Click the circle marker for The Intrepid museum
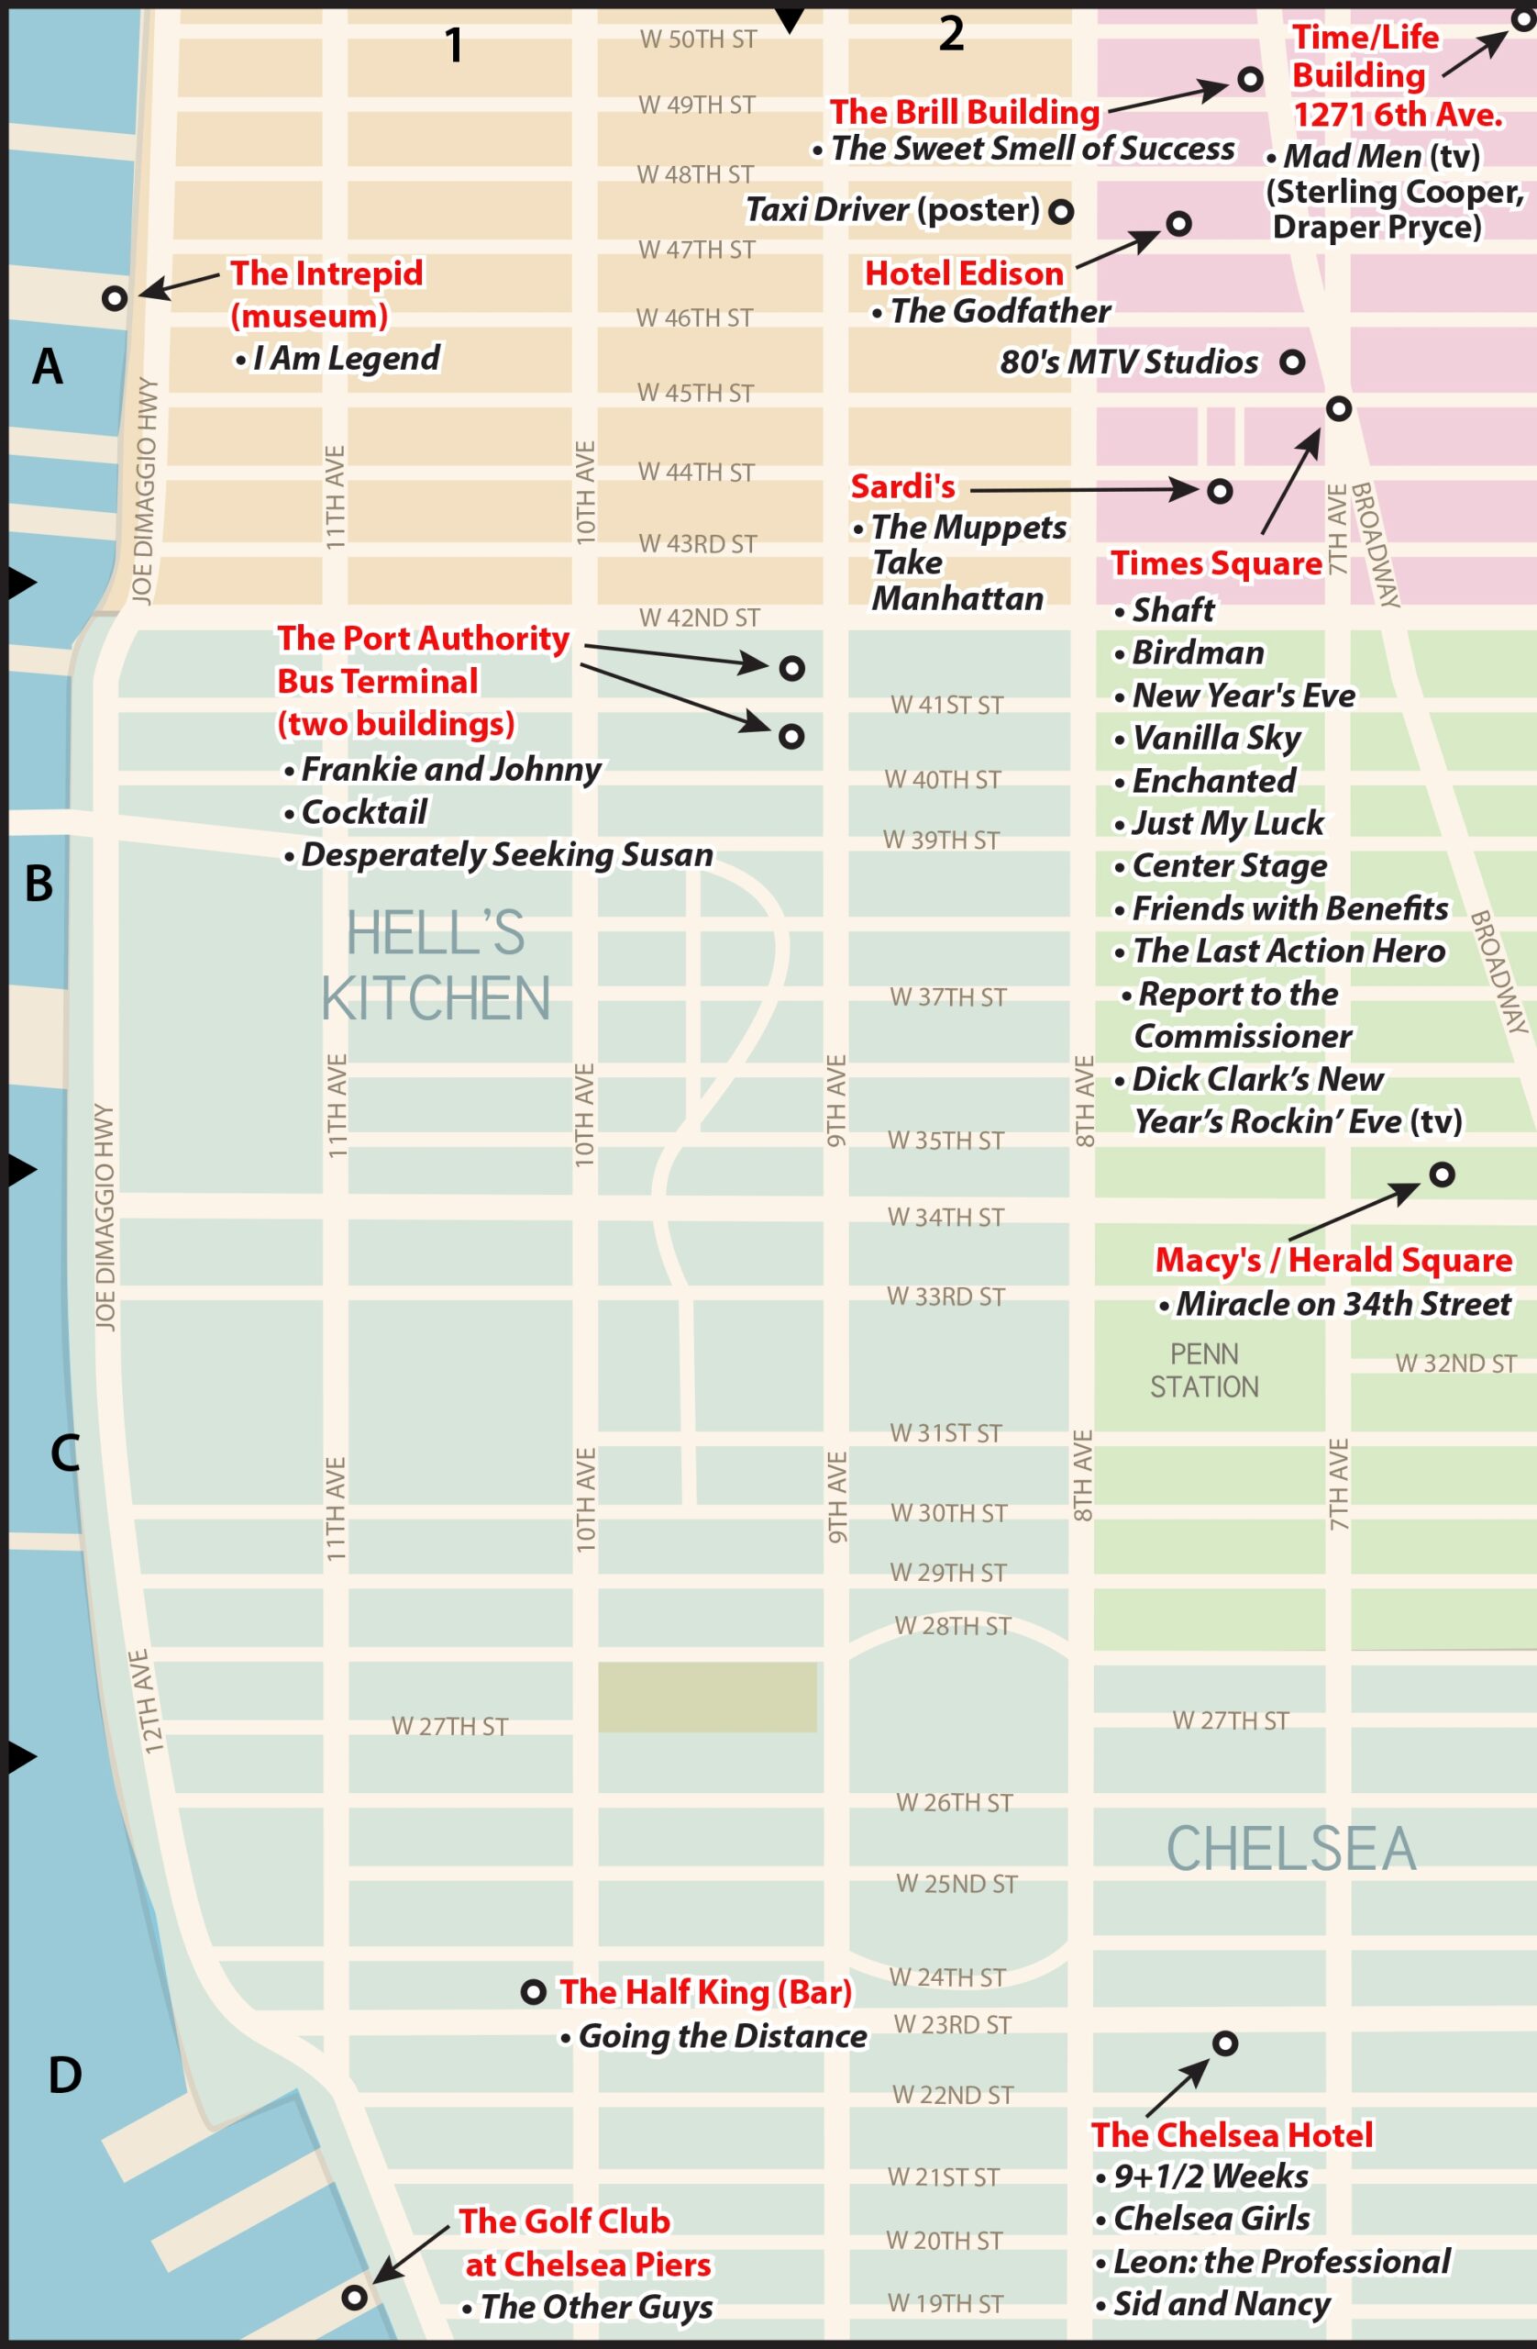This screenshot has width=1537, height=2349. coord(115,297)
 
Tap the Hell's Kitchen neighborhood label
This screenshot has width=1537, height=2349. coord(435,965)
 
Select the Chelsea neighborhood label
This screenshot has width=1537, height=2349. coord(1290,1849)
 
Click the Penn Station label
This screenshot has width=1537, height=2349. coord(1203,1370)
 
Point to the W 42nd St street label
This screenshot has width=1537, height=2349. coord(699,618)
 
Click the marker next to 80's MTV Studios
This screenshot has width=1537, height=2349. coord(1292,362)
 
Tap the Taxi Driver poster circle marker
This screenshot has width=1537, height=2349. coord(1060,211)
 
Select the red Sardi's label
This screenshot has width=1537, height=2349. coord(902,486)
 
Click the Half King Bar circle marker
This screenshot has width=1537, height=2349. coord(533,1992)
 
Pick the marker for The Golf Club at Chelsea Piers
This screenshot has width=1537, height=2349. coord(354,2297)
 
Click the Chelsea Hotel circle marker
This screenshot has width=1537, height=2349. coord(1224,2043)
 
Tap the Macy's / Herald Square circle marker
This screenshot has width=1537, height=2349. coord(1442,1174)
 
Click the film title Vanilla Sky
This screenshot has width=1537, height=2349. coord(1215,737)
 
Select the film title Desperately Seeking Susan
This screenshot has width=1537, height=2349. coord(506,854)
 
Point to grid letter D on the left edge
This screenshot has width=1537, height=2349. coord(65,2075)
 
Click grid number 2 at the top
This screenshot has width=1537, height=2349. coord(950,35)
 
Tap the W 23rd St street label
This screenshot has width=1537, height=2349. coord(952,2025)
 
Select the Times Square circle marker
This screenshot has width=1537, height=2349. coord(1338,407)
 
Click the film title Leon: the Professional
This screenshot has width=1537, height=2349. coord(1280,2261)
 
